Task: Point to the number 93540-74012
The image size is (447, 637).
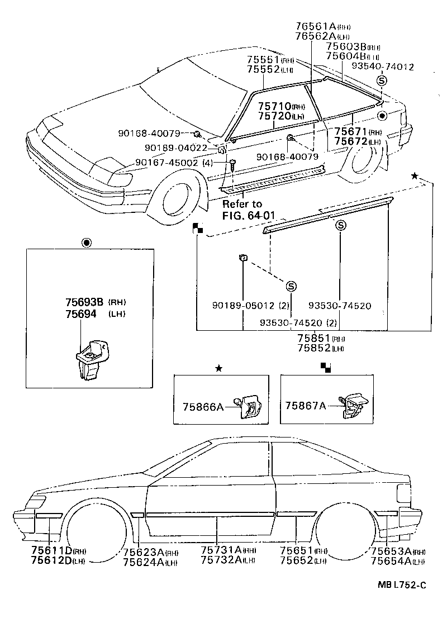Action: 382,66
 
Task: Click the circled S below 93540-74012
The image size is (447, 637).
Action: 382,81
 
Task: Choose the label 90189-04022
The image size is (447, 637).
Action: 175,148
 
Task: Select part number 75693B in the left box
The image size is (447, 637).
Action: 85,302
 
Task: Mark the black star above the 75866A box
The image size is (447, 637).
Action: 219,368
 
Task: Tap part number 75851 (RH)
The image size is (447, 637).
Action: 314,339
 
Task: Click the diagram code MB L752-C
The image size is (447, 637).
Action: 401,585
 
